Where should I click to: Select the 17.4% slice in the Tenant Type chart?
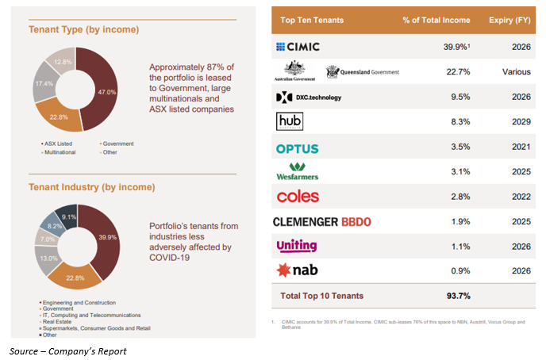(44, 84)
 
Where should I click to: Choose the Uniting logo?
(297, 246)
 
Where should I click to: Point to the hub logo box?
(290, 121)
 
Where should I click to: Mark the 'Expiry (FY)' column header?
(509, 20)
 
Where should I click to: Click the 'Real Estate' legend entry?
(57, 321)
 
